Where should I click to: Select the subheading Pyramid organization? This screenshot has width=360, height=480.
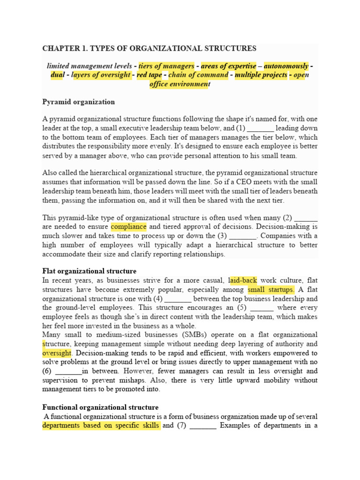pyautogui.click(x=78, y=102)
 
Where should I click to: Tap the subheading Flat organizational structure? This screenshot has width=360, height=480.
pyautogui.click(x=89, y=271)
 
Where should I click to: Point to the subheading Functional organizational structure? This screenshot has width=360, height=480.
pyautogui.click(x=100, y=407)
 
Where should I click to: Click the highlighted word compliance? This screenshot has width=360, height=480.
pyautogui.click(x=128, y=227)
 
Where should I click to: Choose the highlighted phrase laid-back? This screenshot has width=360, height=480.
pyautogui.click(x=243, y=280)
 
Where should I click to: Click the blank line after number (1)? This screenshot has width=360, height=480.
pyautogui.click(x=260, y=128)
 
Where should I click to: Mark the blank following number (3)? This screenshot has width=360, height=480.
pyautogui.click(x=243, y=236)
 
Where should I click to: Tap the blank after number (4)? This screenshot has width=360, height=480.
pyautogui.click(x=178, y=299)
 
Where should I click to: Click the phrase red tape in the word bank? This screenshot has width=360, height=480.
pyautogui.click(x=148, y=75)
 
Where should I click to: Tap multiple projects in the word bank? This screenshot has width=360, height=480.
pyautogui.click(x=261, y=75)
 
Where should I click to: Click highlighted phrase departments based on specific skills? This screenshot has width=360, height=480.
pyautogui.click(x=101, y=426)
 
